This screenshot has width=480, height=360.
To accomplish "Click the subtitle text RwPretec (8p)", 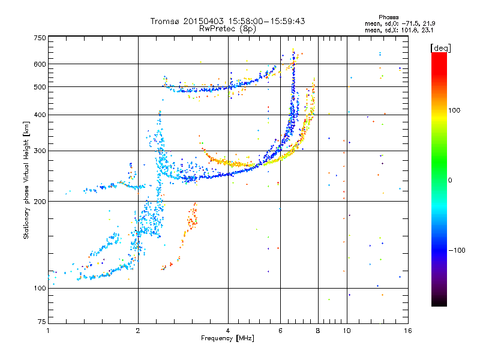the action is tap(227, 29).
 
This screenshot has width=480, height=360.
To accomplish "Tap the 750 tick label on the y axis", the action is tap(40, 38).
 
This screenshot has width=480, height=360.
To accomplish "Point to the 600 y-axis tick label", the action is tap(40, 64).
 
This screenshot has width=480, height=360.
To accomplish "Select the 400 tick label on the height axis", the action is tap(40, 115).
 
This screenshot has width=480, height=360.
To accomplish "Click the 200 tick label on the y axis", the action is tap(40, 202).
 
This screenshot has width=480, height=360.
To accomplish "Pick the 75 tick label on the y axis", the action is tap(42, 322).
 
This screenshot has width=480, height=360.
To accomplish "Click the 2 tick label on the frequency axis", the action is tap(138, 331).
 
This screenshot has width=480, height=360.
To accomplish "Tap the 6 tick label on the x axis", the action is tap(280, 331).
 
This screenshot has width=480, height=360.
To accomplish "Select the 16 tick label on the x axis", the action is tap(408, 331).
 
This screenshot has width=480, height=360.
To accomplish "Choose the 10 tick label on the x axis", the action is tap(347, 331).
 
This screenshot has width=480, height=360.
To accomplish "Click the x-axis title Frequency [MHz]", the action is tap(227, 338).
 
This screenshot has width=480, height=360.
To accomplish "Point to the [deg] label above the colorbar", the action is tap(440, 48).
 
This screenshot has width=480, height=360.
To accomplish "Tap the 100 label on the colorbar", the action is tap(454, 110).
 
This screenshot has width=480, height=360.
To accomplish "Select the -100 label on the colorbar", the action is tap(457, 250).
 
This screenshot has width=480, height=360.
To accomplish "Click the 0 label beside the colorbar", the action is tap(450, 181).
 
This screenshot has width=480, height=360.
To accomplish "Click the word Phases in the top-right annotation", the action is tap(388, 17).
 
